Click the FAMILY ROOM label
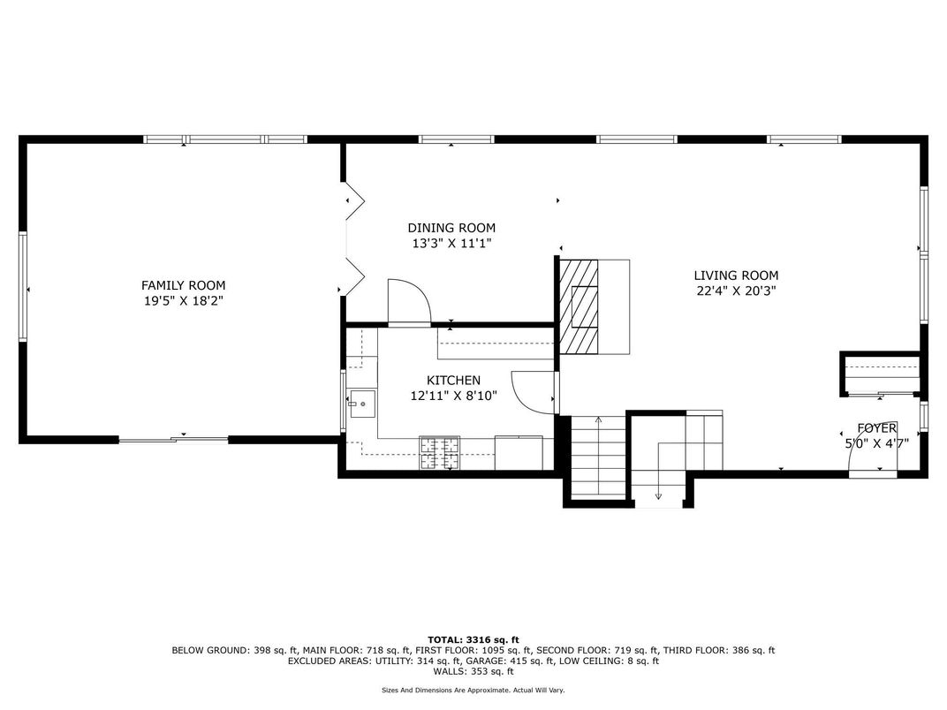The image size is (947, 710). tap(183, 285)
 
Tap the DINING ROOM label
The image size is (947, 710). tap(451, 228)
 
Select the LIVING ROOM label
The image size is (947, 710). tap(735, 276)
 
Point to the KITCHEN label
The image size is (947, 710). tap(453, 381)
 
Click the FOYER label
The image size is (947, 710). tap(876, 428)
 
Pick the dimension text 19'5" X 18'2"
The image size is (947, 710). tap(183, 301)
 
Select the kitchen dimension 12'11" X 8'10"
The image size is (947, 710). tap(453, 397)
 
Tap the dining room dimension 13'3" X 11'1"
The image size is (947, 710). tap(451, 244)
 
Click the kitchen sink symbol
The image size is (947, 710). tap(361, 404)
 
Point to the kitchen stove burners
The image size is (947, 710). tap(440, 453)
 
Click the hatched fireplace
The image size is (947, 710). tap(579, 306)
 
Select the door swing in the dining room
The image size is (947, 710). tap(407, 302)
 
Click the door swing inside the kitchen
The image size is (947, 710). tap(534, 390)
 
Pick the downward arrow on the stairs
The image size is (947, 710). tap(658, 495)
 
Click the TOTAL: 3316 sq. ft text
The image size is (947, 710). tap(473, 638)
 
